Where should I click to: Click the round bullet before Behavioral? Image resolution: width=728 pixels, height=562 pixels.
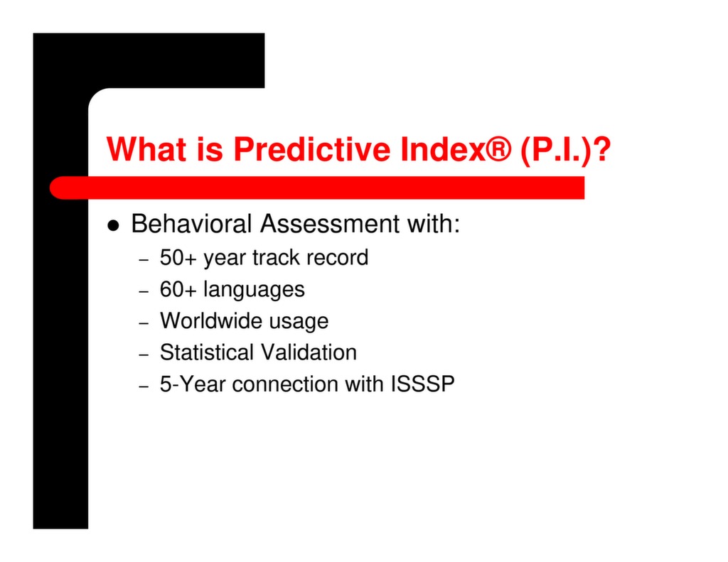pyautogui.click(x=113, y=225)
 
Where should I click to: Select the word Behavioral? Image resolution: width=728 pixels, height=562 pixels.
pyautogui.click(x=192, y=224)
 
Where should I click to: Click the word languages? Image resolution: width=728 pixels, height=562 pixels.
pyautogui.click(x=254, y=290)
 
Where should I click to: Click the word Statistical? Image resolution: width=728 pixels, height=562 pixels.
pyautogui.click(x=206, y=352)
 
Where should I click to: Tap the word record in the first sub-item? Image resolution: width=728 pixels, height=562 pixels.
pyautogui.click(x=337, y=257)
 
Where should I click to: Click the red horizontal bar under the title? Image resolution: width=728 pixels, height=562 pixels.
pyautogui.click(x=320, y=188)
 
